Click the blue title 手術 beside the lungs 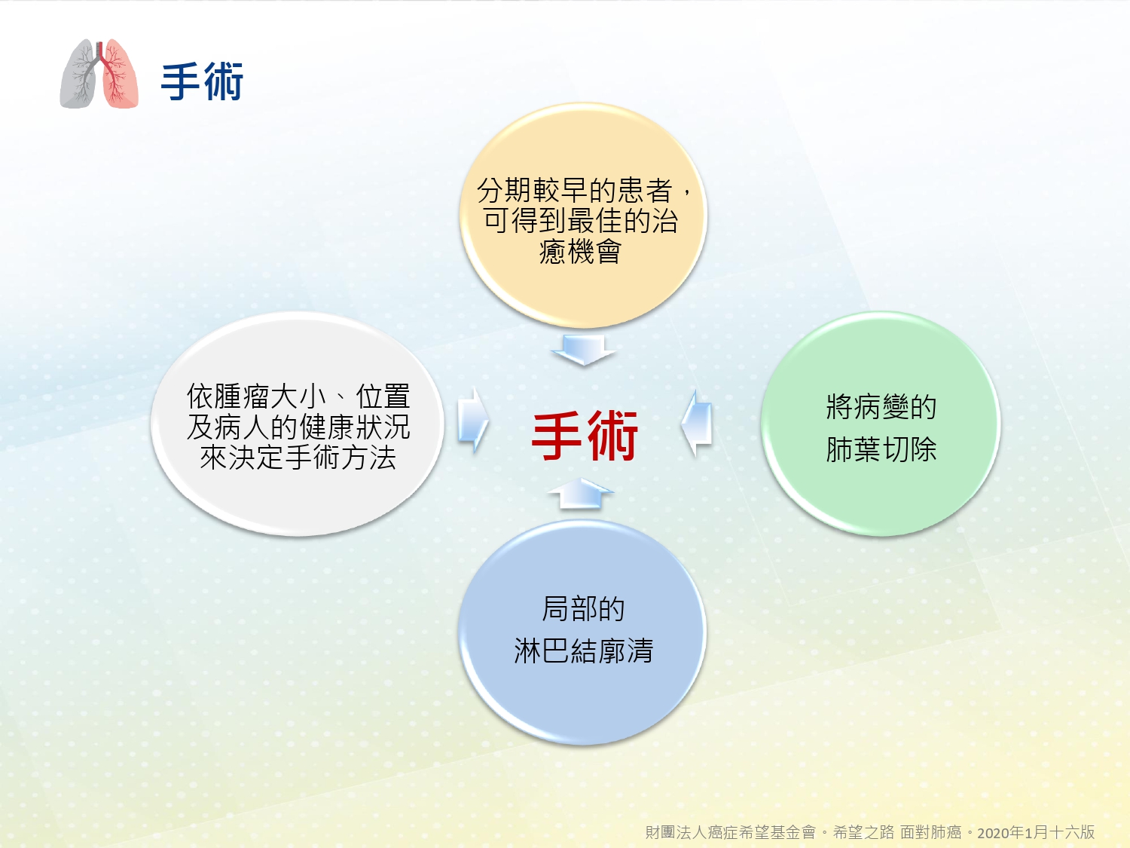tap(202, 81)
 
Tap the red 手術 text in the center tap(585, 435)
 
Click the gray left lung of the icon tap(78, 74)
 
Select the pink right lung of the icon tap(120, 73)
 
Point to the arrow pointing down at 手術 tap(583, 350)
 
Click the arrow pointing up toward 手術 tap(581, 493)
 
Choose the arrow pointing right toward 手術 tap(473, 421)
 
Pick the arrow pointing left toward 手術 tap(696, 423)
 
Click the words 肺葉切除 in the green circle tap(881, 449)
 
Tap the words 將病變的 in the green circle tap(881, 407)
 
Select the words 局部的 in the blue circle tap(583, 608)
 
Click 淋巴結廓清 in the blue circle tap(583, 651)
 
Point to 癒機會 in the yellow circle tap(580, 251)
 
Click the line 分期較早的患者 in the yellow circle tap(575, 190)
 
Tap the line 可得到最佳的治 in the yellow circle tap(581, 220)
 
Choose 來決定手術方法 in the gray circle tap(298, 458)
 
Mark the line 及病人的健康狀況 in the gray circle tap(298, 427)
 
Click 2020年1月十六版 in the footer tap(1036, 832)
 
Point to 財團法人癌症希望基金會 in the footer tap(731, 832)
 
